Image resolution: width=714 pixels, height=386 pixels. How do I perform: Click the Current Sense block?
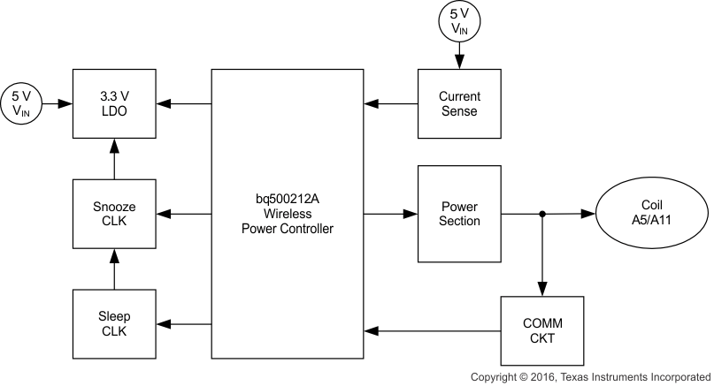click(x=458, y=104)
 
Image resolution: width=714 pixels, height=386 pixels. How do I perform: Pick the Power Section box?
click(x=458, y=214)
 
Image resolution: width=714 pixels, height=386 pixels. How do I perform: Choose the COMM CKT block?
click(x=542, y=330)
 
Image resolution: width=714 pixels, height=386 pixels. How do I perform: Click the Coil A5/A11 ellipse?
click(x=652, y=214)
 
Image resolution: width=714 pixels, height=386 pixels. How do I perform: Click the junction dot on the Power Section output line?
click(x=542, y=214)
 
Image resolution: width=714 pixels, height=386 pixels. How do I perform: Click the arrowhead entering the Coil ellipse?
click(x=587, y=214)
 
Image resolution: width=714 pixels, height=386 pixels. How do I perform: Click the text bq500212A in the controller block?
click(x=287, y=198)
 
